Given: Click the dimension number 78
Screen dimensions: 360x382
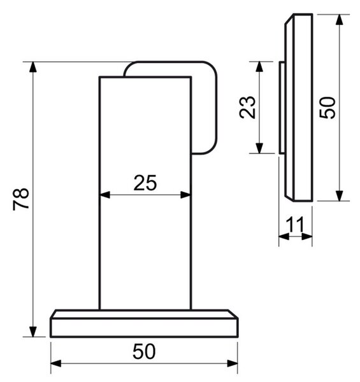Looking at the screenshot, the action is tap(21, 199).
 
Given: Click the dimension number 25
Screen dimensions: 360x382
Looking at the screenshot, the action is tap(145, 183).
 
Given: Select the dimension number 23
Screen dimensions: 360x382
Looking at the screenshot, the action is tap(247, 107).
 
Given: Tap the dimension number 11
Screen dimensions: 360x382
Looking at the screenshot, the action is tap(295, 224).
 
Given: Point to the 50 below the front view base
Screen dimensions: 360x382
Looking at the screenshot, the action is tap(144, 351).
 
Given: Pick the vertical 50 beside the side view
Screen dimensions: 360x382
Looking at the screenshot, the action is tap(328, 108).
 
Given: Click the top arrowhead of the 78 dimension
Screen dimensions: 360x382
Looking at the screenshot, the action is tap(32, 67).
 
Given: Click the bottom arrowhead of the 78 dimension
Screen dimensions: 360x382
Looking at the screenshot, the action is tap(32, 332).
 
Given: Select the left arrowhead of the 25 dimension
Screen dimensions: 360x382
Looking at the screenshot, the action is tap(105, 195).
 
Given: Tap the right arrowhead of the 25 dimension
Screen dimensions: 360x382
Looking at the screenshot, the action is tap(185, 195).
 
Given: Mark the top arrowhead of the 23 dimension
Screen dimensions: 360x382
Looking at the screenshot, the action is tap(259, 67).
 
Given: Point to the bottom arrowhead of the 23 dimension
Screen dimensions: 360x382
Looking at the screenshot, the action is tap(259, 148).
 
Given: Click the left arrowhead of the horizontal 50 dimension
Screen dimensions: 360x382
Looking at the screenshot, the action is tap(56, 364).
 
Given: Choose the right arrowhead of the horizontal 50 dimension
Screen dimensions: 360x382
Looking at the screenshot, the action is tap(233, 364).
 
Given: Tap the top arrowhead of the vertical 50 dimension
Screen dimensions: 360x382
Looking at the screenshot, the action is tap(339, 20).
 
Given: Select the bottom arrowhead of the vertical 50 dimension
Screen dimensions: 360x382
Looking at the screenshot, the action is tap(339, 196).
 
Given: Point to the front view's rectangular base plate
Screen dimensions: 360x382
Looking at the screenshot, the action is tap(144, 327).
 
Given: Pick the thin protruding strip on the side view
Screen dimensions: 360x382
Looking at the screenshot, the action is tap(282, 108).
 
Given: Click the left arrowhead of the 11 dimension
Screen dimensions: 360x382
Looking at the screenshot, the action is tap(284, 236).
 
